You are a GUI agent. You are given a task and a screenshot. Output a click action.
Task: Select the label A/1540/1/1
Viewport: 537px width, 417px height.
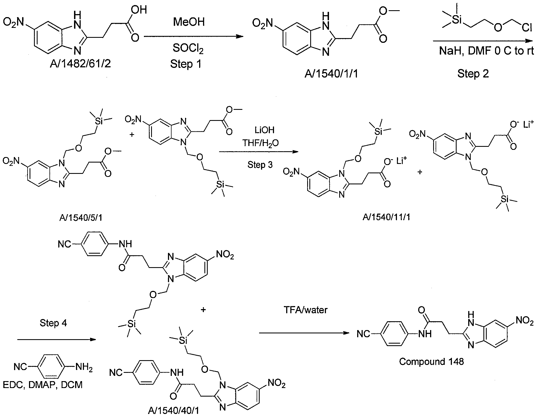331,74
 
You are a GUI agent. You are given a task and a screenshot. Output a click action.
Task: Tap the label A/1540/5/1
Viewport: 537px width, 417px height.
81,218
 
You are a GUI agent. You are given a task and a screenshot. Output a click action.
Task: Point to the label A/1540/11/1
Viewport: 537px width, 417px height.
386,217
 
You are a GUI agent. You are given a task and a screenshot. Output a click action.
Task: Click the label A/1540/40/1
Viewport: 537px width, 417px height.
173,411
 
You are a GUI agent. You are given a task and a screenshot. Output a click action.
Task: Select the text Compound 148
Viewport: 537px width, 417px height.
431,362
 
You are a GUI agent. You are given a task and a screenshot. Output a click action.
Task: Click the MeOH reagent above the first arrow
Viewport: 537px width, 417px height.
189,22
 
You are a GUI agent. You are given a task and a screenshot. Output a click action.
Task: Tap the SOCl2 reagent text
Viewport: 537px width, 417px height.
188,49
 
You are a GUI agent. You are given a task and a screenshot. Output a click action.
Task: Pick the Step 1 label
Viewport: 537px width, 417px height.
186,64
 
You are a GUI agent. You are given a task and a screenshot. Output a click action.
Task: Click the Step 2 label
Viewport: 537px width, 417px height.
473,74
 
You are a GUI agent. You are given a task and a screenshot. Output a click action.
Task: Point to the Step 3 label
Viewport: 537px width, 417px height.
260,165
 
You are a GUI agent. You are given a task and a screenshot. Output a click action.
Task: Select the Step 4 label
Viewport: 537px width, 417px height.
53,323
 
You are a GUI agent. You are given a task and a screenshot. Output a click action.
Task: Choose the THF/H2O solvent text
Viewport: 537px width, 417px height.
260,143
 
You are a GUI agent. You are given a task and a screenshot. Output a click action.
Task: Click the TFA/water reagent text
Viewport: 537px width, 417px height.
306,310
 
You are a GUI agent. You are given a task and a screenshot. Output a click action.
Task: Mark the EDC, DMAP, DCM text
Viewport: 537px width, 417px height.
43,384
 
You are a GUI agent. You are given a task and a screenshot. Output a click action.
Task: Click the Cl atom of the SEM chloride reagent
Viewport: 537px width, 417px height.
527,26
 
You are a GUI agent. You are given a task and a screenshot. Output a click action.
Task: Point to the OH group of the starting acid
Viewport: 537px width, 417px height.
139,10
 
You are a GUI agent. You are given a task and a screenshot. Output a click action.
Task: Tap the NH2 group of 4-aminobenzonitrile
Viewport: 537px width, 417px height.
84,367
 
